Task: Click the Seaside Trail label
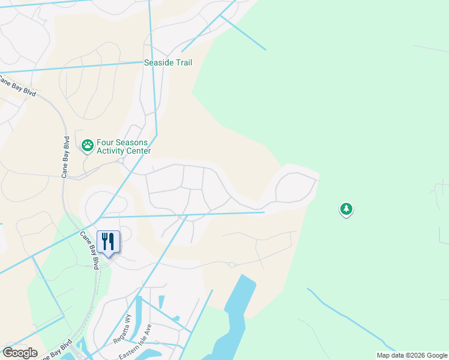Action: point(168,62)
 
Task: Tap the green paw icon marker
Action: point(88,145)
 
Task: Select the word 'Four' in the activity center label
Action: point(106,143)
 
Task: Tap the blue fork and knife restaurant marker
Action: point(108,242)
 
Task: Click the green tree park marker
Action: point(346,209)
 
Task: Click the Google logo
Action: point(20,353)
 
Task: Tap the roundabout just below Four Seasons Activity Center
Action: point(121,161)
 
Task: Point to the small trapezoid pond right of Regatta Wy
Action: point(161,301)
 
